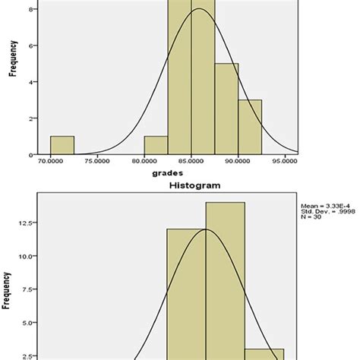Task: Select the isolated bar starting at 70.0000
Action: tap(62, 145)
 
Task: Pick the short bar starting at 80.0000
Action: tap(156, 145)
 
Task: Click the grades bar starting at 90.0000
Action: tap(250, 127)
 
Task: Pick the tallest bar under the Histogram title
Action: tap(225, 281)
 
